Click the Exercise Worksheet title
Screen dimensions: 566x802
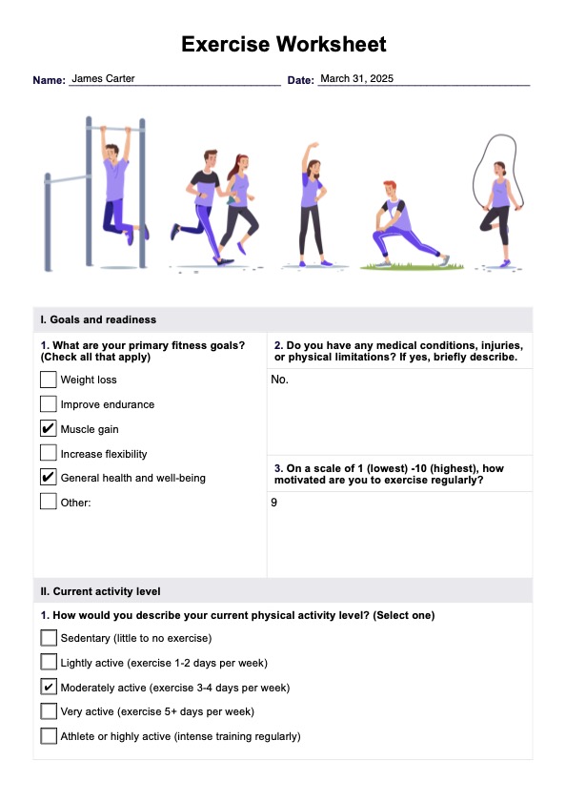click(284, 44)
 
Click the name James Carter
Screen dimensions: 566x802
click(103, 78)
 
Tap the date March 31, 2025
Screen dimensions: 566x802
click(357, 78)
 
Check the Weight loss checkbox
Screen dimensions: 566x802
click(48, 380)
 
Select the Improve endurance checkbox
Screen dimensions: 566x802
click(48, 404)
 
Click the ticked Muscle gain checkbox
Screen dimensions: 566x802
click(48, 428)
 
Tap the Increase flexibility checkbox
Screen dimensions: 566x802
click(48, 453)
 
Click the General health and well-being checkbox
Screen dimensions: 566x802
click(48, 477)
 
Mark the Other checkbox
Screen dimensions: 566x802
click(48, 502)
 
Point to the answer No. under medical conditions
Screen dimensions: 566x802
click(280, 380)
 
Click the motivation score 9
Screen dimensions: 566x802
click(274, 503)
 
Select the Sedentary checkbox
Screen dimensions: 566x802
click(48, 638)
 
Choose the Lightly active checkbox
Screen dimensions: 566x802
click(48, 663)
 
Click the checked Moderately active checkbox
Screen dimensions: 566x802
click(48, 687)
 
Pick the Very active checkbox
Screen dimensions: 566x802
click(48, 711)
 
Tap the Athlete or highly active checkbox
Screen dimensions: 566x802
click(48, 736)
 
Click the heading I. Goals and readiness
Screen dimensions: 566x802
click(98, 319)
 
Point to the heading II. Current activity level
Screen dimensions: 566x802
click(100, 591)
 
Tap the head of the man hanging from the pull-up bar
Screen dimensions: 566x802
click(111, 152)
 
